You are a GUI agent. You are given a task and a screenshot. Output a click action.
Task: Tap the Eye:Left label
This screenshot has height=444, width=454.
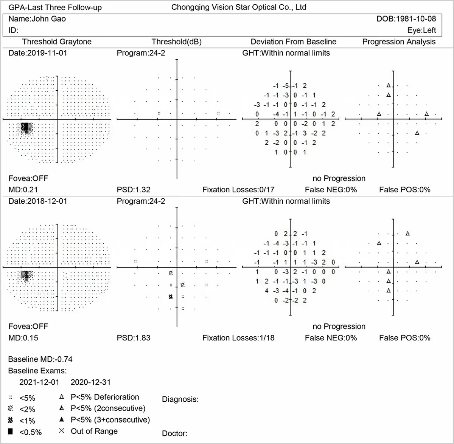click(x=421, y=30)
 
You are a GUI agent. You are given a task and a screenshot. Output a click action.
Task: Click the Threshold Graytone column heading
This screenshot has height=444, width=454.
click(x=57, y=42)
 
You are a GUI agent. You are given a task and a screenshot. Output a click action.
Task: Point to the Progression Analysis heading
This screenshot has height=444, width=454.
click(x=399, y=42)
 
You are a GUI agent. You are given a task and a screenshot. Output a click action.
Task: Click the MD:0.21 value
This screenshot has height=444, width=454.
click(x=23, y=190)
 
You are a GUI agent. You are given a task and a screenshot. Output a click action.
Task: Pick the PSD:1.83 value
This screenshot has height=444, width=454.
click(x=134, y=338)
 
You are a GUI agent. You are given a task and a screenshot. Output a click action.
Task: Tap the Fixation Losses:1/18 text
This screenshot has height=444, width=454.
click(x=238, y=338)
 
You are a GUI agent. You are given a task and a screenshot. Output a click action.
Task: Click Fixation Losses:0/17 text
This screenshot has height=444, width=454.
click(x=238, y=190)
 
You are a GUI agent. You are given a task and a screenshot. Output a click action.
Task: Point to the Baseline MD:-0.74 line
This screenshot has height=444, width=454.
click(x=40, y=359)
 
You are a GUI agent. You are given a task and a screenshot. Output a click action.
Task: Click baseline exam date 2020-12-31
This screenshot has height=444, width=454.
click(x=91, y=382)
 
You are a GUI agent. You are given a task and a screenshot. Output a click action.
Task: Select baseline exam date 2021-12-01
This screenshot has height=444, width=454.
click(x=39, y=382)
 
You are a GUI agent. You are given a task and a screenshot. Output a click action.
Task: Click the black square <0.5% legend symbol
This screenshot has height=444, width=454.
click(x=11, y=432)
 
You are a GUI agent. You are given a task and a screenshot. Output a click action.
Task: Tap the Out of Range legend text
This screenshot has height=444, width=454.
click(x=94, y=431)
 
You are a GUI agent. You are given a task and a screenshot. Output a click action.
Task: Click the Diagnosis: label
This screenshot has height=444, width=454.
click(x=180, y=399)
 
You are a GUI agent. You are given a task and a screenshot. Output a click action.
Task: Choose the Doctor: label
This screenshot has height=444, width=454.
click(x=174, y=433)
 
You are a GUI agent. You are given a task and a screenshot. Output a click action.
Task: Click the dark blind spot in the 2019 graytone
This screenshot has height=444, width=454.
click(x=26, y=127)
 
